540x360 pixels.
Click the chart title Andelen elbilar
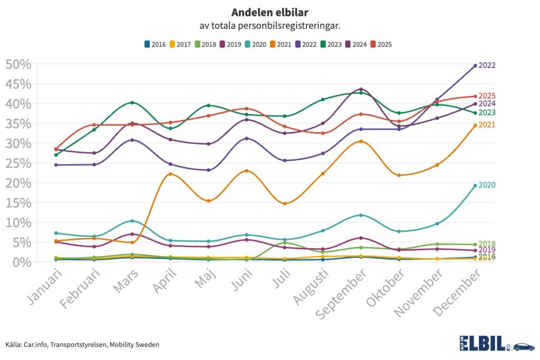coord(269,12)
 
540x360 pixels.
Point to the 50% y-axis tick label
coord(18,64)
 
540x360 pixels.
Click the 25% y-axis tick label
coord(18,163)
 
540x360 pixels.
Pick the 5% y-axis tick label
coord(22,242)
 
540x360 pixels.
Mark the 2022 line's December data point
coord(475,66)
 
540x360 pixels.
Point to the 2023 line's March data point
coord(132,102)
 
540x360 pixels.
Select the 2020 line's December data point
coord(475,186)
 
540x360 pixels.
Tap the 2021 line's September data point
coord(361,141)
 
